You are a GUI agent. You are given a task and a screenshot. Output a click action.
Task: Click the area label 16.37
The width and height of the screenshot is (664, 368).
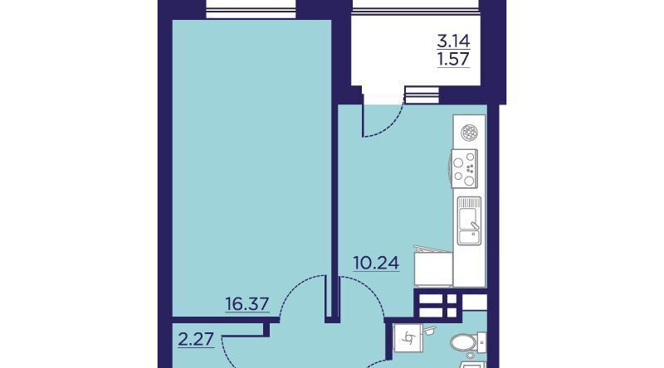(247, 303)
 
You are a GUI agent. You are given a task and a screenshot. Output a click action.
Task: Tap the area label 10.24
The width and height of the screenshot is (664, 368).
(376, 263)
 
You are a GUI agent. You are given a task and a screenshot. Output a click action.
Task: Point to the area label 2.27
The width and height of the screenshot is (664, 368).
(196, 339)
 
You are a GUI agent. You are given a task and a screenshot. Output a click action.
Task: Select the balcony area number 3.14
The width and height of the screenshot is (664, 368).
(453, 41)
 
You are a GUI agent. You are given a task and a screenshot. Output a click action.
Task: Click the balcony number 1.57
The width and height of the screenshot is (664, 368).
(453, 59)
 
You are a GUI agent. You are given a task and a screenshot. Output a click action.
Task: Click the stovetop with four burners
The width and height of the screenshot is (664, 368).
(465, 168)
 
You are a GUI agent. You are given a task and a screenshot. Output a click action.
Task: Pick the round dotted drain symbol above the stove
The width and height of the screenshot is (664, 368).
(469, 133)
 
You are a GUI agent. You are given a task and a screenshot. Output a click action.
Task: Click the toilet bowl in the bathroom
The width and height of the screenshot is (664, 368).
(463, 342)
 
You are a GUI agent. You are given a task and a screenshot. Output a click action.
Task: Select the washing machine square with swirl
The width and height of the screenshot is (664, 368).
(408, 337)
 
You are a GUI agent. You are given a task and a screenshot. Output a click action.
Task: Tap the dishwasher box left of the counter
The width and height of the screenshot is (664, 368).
(432, 269)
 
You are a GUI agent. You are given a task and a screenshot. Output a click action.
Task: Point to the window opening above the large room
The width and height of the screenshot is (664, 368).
(251, 9)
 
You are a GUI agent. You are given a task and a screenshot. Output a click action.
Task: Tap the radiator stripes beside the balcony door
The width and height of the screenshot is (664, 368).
(422, 94)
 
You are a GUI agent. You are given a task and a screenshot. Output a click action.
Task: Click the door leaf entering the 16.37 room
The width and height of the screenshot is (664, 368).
(327, 297)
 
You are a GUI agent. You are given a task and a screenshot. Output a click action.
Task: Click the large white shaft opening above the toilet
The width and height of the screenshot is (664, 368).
(474, 302)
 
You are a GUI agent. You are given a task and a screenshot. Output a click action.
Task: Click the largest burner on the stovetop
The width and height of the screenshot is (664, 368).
(469, 181)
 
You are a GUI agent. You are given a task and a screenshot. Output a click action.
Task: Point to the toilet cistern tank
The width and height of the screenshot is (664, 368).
(481, 342)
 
